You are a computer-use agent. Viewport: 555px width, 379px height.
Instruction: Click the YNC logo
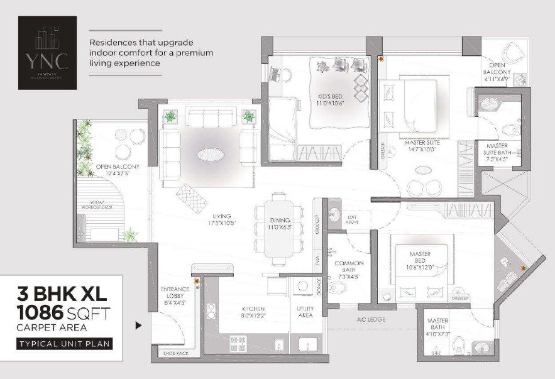[48, 45]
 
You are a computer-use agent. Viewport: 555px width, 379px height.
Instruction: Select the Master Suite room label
[422, 146]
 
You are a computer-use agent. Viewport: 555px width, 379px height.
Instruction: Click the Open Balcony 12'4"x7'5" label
[118, 170]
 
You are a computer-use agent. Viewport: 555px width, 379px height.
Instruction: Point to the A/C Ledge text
[370, 320]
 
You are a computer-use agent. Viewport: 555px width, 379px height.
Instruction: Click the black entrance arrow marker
[139, 326]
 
